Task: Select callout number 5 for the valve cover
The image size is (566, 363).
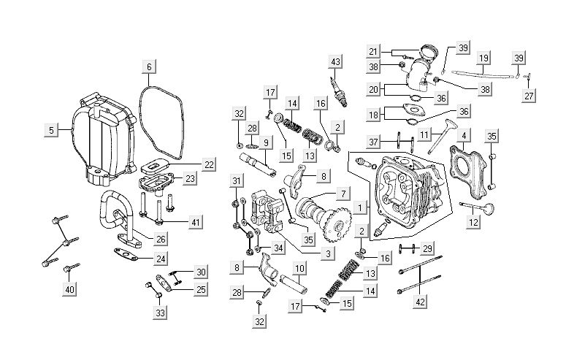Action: (x=51, y=130)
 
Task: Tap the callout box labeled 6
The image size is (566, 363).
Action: (x=148, y=67)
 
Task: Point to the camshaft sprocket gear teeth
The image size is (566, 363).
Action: (x=337, y=223)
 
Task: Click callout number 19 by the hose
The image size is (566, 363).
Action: (x=483, y=58)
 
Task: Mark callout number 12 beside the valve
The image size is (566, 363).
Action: (x=473, y=221)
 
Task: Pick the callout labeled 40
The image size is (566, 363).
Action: (x=70, y=290)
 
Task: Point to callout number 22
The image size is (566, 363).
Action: (x=209, y=164)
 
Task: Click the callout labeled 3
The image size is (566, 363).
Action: (x=328, y=253)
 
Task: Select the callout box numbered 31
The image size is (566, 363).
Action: (x=236, y=181)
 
